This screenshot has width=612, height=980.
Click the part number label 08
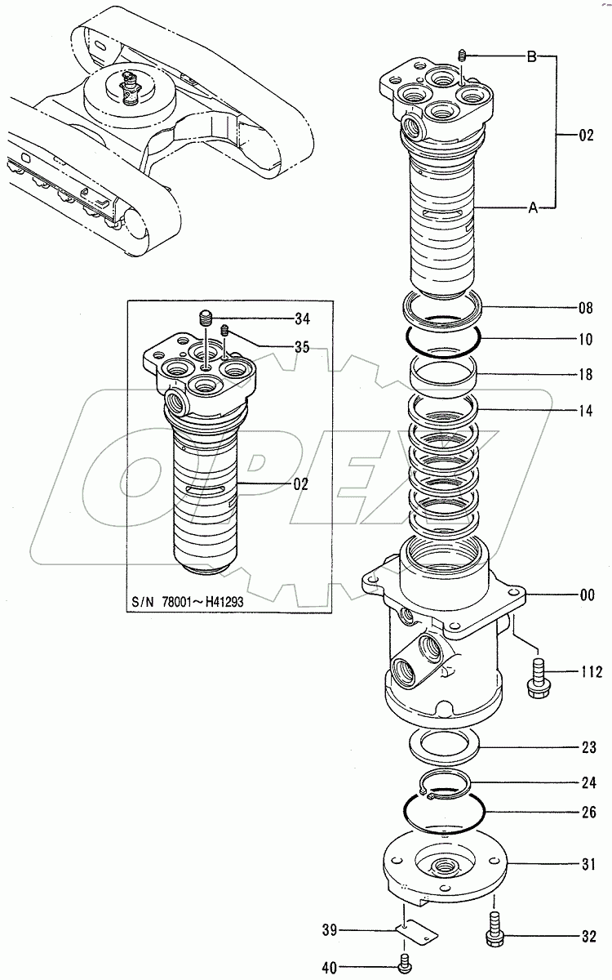pos(587,309)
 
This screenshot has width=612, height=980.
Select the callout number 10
pos(587,337)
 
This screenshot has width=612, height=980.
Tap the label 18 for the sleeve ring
pos(587,374)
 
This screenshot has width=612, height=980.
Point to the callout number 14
pos(587,412)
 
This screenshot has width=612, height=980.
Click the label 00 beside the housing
pos(587,596)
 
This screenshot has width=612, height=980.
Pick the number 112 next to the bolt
pos(590,672)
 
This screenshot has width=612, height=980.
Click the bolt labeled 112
pos(537,675)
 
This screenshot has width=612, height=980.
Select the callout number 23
pos(587,747)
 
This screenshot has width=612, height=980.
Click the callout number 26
pos(587,813)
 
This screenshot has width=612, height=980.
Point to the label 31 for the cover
pos(587,863)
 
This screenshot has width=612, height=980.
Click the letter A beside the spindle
pos(532,208)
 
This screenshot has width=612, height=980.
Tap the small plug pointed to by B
pos(462,56)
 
